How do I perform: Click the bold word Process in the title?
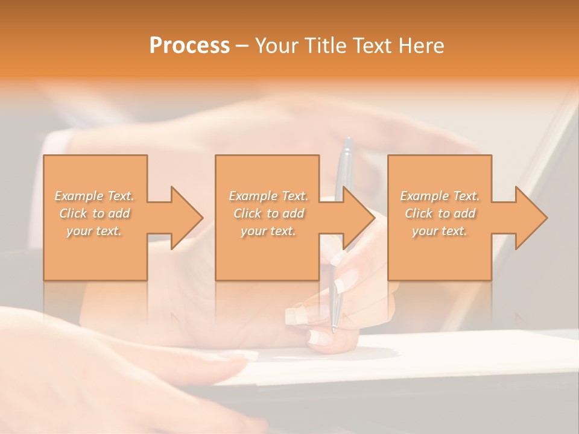click(189, 46)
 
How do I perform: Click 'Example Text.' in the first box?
click(95, 196)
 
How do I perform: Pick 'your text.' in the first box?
click(95, 231)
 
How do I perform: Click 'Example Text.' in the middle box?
click(268, 196)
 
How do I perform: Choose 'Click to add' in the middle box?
click(268, 213)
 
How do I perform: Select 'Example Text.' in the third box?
click(440, 196)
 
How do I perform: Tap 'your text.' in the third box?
click(440, 231)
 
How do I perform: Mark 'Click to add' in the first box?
click(95, 213)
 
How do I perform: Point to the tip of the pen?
click(333, 330)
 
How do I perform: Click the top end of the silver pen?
click(347, 141)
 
